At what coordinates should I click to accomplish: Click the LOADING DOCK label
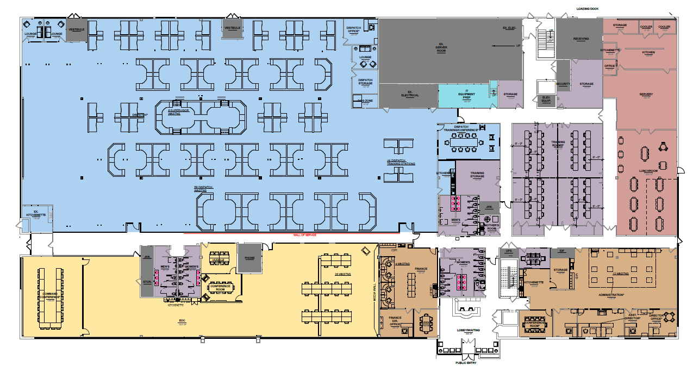(x=588, y=9)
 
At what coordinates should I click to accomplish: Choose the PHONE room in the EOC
(x=249, y=258)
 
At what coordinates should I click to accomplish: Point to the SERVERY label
(x=646, y=95)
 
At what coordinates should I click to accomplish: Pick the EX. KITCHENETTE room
(x=36, y=213)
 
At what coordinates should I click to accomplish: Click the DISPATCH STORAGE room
(x=365, y=82)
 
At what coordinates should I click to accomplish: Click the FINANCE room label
(x=421, y=269)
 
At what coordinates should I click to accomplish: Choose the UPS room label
(x=509, y=251)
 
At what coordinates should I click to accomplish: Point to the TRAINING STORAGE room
(x=477, y=174)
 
